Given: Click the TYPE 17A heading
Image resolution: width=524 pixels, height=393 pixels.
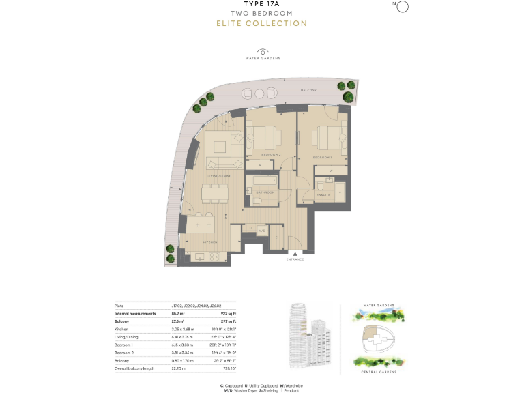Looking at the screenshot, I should (261, 4).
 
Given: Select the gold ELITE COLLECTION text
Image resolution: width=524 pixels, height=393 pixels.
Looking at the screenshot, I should (261, 23).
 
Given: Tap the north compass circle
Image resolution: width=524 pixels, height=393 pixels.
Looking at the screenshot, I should (402, 7).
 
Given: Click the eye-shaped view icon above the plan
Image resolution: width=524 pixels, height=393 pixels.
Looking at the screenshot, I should (263, 52).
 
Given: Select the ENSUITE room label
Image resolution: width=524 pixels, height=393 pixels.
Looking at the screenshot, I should (323, 194).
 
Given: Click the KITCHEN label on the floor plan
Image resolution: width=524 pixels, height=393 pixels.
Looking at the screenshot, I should (209, 242).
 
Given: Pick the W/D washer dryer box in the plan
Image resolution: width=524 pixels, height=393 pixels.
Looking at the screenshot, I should (261, 231).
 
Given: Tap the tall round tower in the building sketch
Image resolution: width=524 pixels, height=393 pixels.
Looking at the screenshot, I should (297, 324).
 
